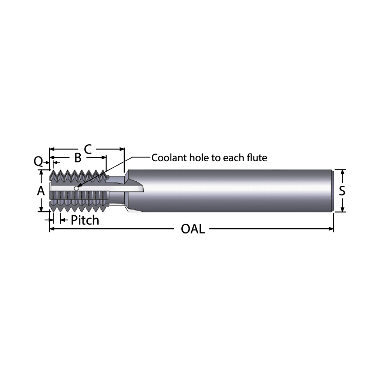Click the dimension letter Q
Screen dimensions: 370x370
[38, 161]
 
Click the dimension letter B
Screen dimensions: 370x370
[78, 158]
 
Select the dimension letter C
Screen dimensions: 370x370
[88, 149]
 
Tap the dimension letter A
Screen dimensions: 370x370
[41, 191]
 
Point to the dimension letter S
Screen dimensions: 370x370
[342, 191]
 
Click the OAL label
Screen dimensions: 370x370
[192, 229]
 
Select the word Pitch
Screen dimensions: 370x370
[85, 220]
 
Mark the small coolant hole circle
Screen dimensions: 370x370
[76, 188]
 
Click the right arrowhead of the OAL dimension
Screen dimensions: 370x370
[331, 229]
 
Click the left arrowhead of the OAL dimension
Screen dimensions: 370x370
[52, 229]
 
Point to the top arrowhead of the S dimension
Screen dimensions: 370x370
[343, 172]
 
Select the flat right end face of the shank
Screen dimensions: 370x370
[333, 191]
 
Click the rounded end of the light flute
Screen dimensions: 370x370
[141, 189]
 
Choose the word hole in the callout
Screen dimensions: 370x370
[198, 158]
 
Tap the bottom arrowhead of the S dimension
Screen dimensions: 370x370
[343, 210]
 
